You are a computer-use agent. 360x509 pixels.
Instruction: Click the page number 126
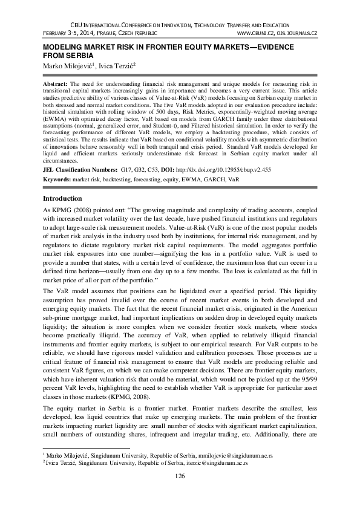tap(180, 476)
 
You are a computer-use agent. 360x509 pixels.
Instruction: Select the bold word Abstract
tap(57, 80)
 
